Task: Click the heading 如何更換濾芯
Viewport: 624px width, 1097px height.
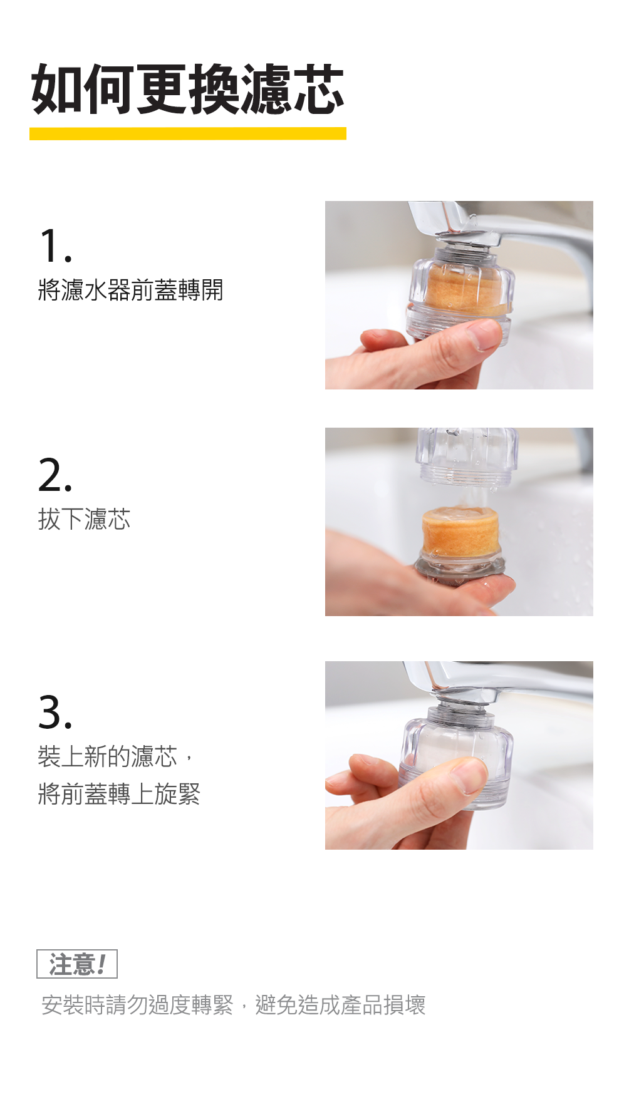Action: click(187, 90)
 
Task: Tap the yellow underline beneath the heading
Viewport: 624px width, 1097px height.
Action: click(187, 133)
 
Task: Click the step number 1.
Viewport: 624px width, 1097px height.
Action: click(55, 245)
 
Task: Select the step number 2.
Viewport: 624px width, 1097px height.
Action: click(55, 475)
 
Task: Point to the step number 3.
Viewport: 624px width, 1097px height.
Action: click(55, 712)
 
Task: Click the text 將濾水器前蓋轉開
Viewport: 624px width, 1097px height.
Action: click(130, 290)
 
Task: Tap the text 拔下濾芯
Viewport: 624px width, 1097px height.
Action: click(84, 519)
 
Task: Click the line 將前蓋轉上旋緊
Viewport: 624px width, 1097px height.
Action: click(119, 794)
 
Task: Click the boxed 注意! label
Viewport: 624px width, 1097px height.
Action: click(77, 964)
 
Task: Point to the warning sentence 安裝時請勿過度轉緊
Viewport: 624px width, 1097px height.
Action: click(137, 1005)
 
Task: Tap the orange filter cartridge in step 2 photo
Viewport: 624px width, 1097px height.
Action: click(460, 532)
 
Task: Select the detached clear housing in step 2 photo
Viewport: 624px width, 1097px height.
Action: click(467, 456)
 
